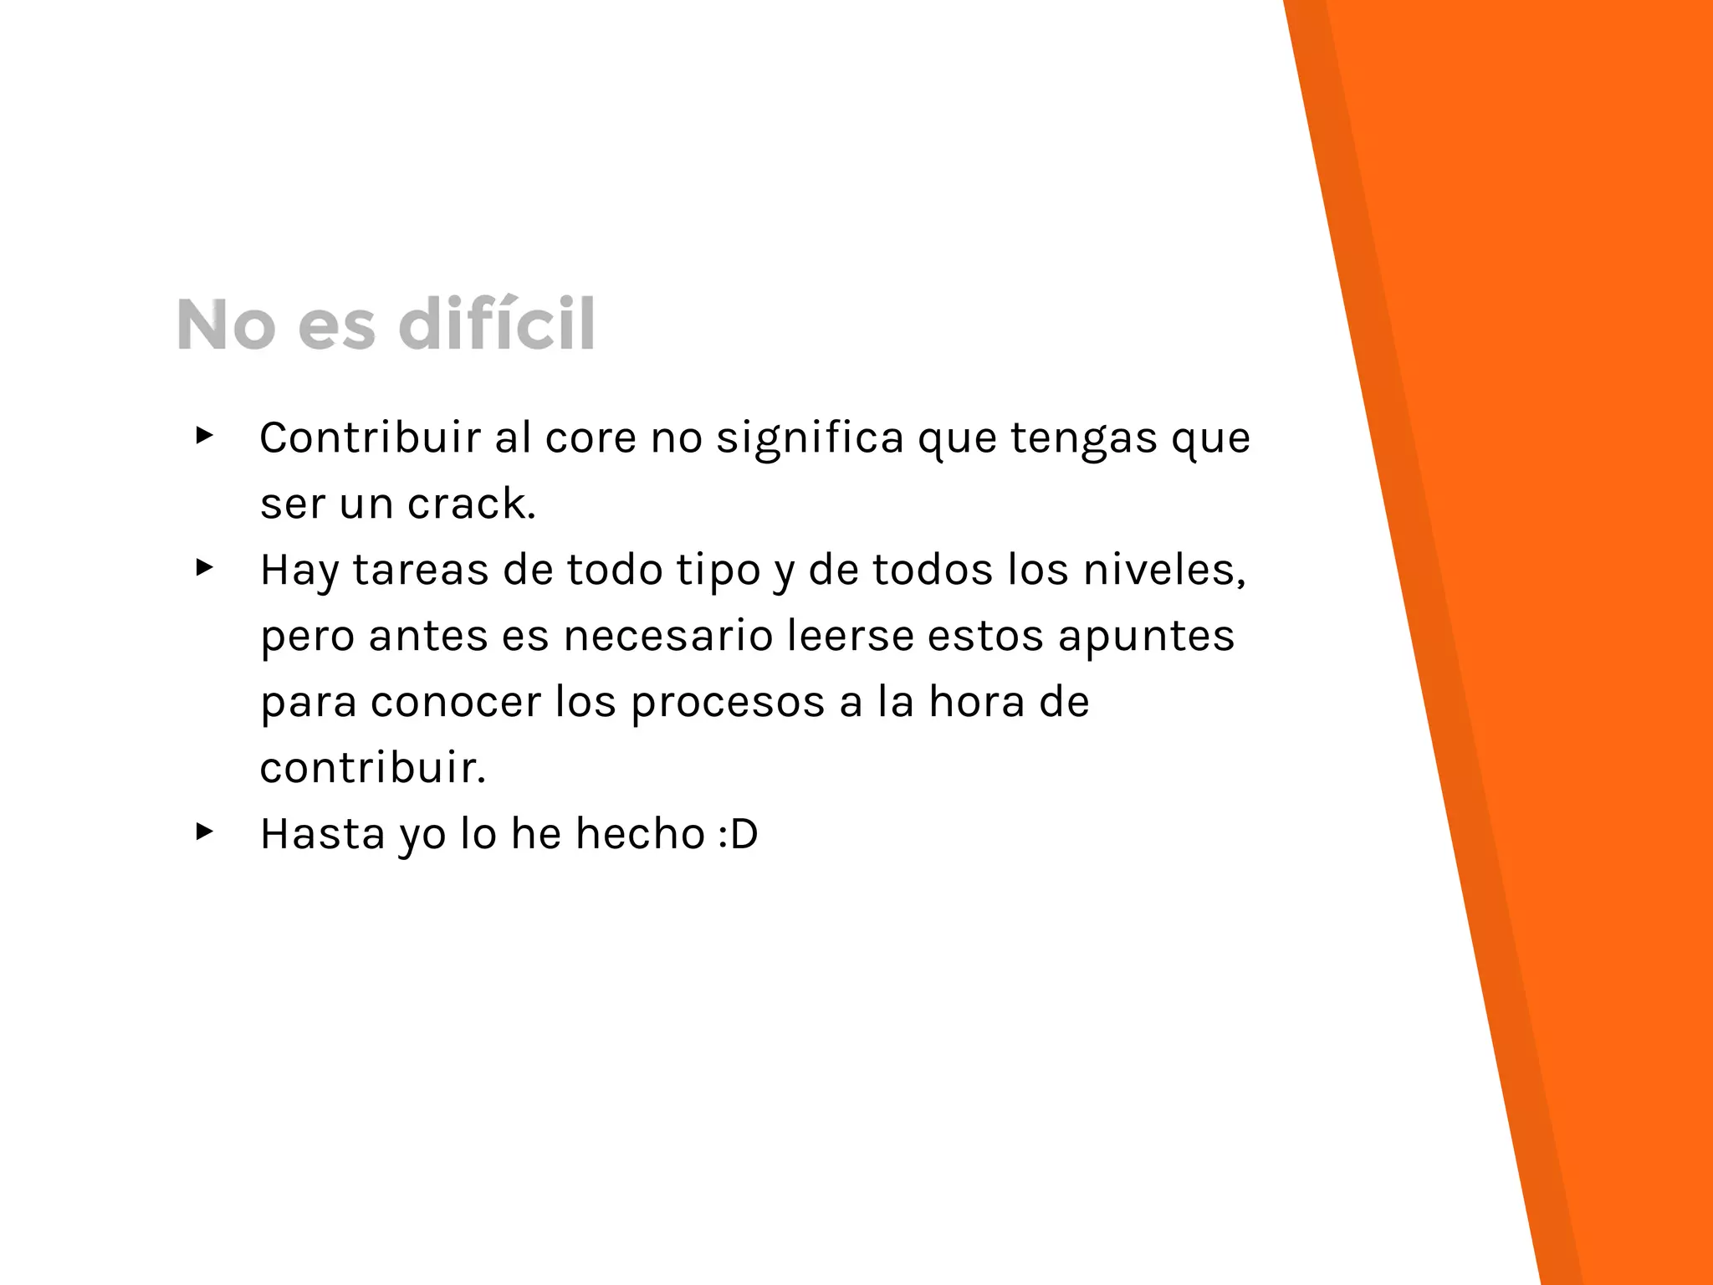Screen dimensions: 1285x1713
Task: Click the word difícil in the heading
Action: (497, 324)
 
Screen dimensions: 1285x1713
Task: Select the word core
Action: (591, 438)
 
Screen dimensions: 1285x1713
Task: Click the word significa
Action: (810, 438)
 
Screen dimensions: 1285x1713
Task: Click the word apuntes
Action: (1146, 636)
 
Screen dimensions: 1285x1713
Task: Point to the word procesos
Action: (727, 702)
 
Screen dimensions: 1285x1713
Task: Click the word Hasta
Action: (322, 834)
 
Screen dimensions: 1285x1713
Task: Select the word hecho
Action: (640, 834)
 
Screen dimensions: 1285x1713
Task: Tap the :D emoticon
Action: (738, 834)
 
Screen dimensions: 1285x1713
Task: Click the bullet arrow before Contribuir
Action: (204, 435)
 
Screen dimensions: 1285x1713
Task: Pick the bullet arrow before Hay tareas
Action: (204, 568)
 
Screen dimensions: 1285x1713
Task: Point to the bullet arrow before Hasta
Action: (204, 832)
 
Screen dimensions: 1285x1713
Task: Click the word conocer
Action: (455, 702)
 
